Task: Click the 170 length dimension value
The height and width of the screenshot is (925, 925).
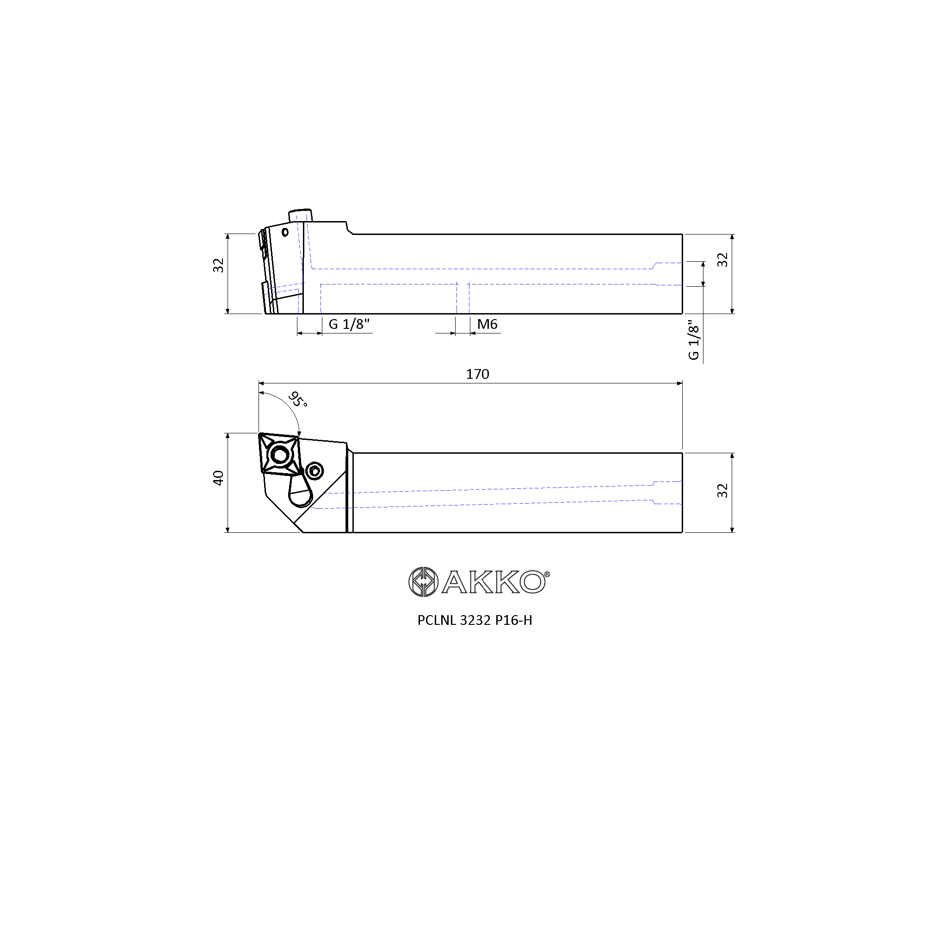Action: (x=477, y=374)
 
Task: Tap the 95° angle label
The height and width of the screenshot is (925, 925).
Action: (x=298, y=399)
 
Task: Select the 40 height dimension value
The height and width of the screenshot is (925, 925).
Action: (x=218, y=478)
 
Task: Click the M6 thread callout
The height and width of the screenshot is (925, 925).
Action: (x=487, y=324)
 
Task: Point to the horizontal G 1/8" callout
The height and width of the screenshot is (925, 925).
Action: (x=349, y=324)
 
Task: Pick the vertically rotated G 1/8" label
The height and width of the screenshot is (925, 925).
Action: (x=693, y=340)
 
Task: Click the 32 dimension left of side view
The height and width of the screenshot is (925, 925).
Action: (x=218, y=265)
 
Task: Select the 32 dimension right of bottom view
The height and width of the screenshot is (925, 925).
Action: (x=722, y=491)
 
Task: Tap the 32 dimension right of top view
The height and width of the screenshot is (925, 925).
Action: (x=722, y=260)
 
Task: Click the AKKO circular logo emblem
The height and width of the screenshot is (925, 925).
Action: (x=423, y=582)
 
